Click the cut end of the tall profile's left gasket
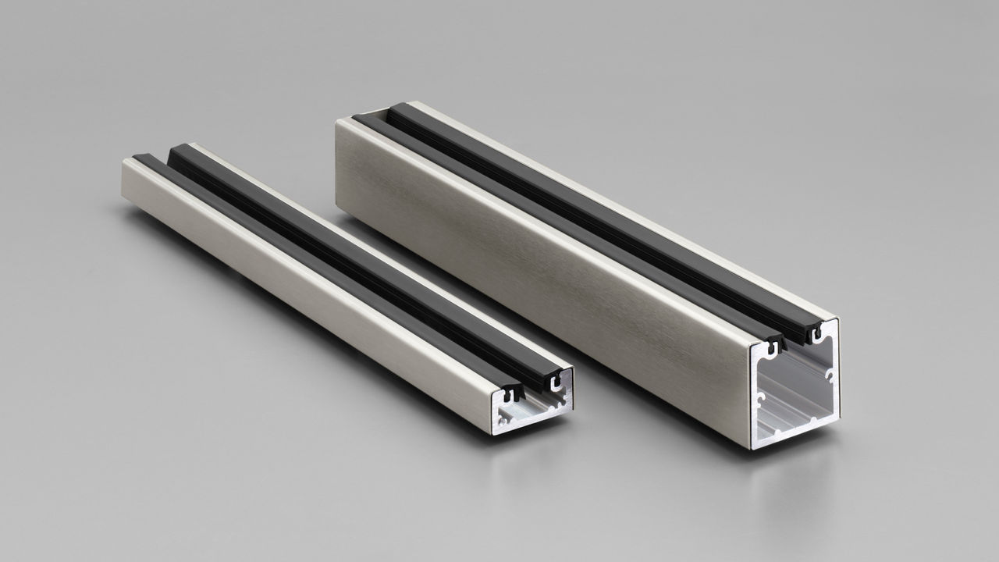point(773,344)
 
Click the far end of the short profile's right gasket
point(178,148)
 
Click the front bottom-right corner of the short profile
point(572,410)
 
